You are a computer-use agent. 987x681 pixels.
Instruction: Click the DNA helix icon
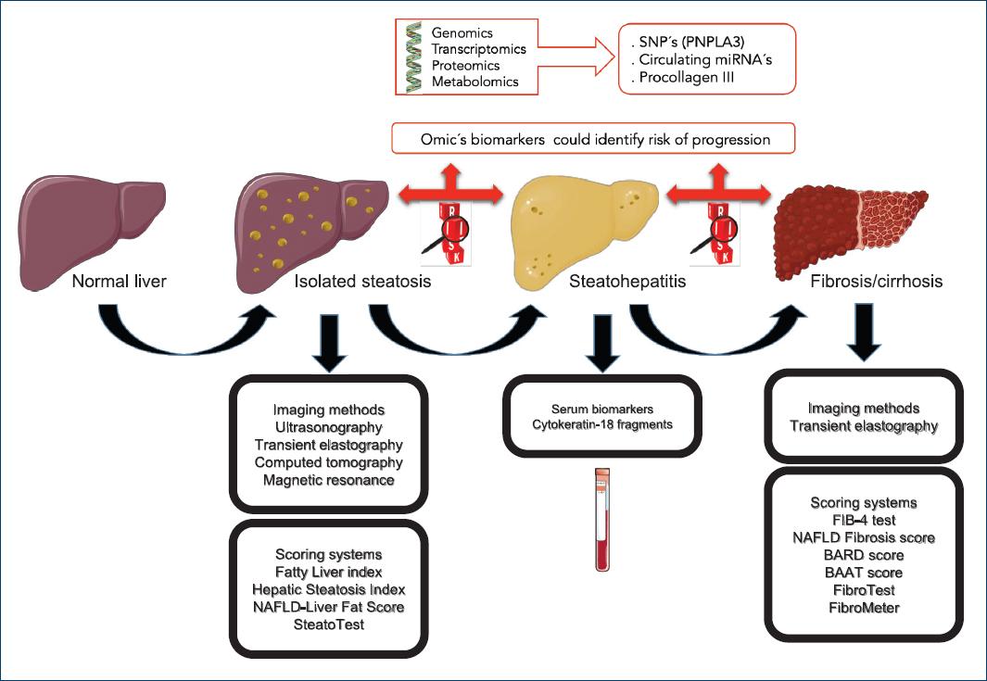click(x=414, y=58)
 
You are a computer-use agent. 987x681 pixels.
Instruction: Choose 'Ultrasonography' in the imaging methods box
click(x=328, y=427)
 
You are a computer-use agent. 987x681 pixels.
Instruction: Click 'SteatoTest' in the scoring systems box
click(x=328, y=624)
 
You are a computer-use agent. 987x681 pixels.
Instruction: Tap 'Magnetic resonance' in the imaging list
click(x=328, y=480)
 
